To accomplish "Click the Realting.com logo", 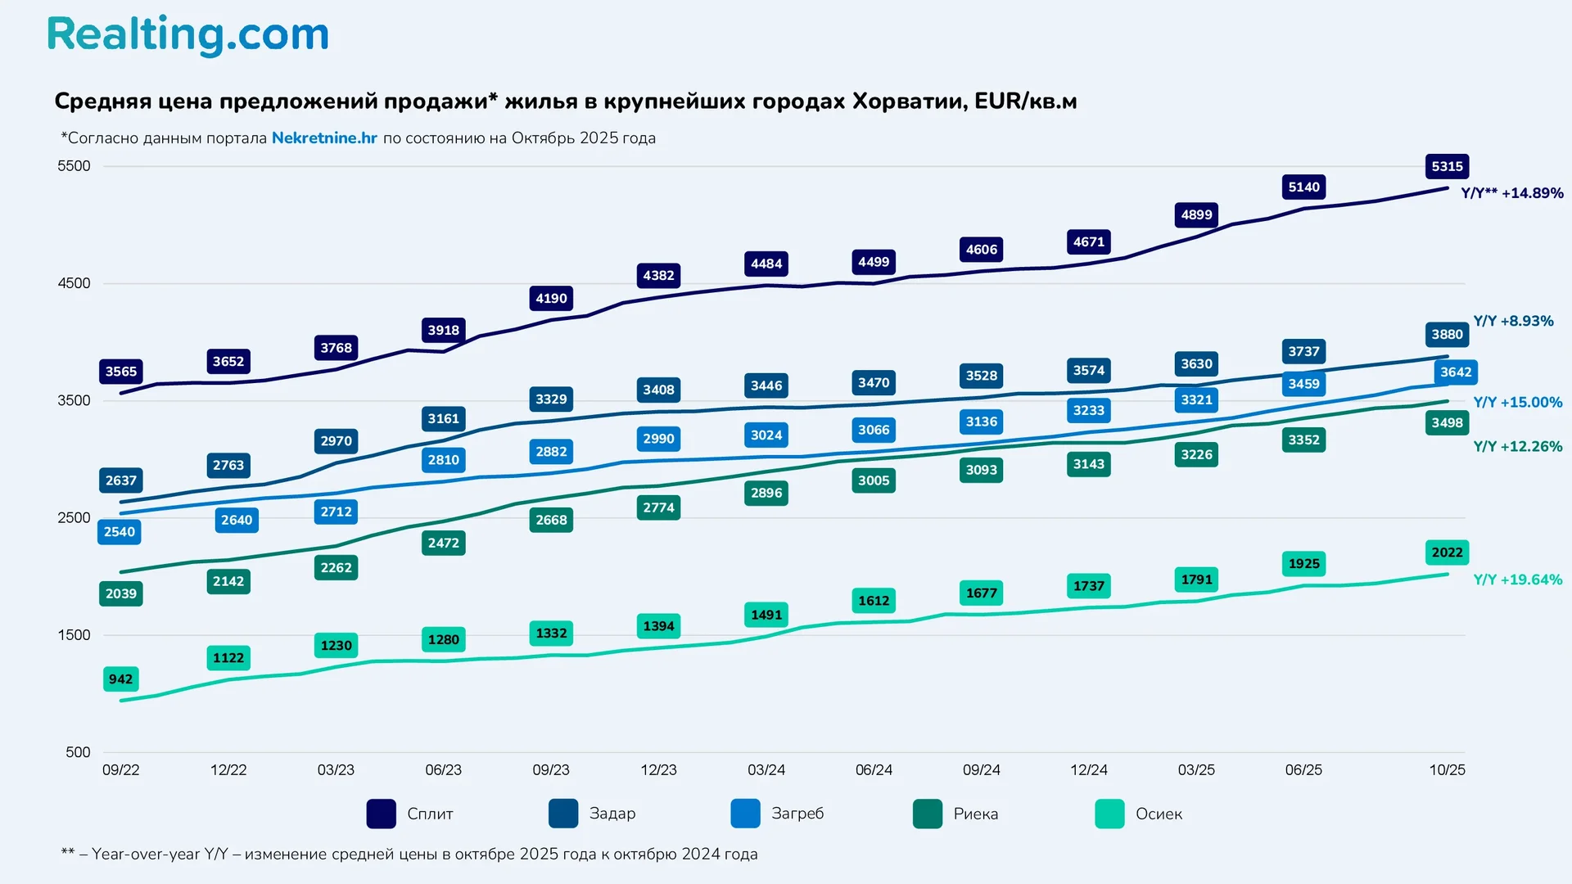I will click(187, 34).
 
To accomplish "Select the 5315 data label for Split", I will click(1447, 166).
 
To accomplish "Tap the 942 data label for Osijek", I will click(120, 679).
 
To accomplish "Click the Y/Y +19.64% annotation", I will click(1517, 580).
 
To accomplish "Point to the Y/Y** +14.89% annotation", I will click(1511, 193).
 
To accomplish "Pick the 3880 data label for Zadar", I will click(1447, 334).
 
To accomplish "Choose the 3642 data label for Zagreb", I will click(1456, 372).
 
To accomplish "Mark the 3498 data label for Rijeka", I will click(1447, 422).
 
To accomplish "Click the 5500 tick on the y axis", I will click(74, 166).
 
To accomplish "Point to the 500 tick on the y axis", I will click(78, 752).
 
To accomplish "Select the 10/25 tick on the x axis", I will click(1447, 770).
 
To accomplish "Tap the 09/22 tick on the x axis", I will click(120, 770).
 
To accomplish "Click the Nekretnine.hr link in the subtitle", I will click(324, 138).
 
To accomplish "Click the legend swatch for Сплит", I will click(382, 814).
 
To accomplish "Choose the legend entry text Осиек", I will click(1159, 814).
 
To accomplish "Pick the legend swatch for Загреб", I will click(745, 814).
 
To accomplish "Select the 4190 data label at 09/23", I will click(551, 298).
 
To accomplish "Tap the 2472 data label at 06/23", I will click(443, 543).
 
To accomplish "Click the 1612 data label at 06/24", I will click(874, 601).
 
